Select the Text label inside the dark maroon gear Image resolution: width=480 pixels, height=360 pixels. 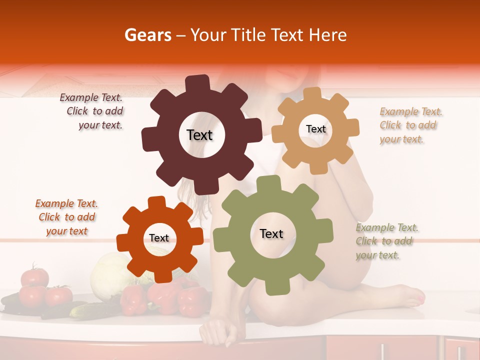(x=199, y=135)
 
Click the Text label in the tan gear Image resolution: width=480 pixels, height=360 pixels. (x=315, y=129)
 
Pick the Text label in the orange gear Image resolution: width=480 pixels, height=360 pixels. (x=159, y=238)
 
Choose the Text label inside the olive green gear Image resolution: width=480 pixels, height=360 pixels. (x=271, y=233)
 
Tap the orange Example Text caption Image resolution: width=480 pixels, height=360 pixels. (x=66, y=217)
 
